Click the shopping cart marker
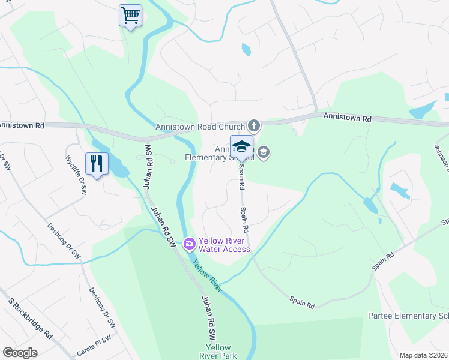click(x=130, y=15)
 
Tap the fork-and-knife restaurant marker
click(x=96, y=163)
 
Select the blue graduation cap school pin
click(x=241, y=147)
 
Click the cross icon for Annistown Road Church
click(x=254, y=126)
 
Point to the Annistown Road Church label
click(x=200, y=127)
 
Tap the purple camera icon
click(x=190, y=243)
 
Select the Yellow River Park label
click(x=218, y=352)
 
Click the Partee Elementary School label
click(x=408, y=316)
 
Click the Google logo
click(x=20, y=353)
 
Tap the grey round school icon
click(x=264, y=154)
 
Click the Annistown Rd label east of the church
click(x=347, y=117)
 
